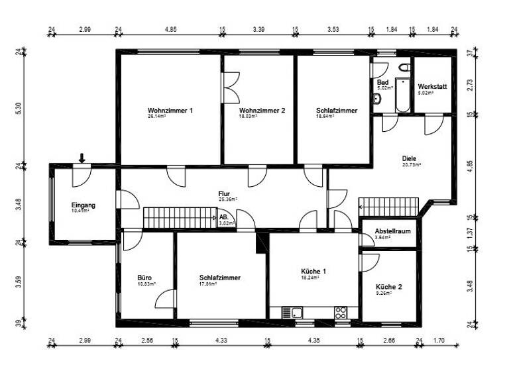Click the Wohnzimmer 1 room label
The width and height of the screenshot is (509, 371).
click(170, 110)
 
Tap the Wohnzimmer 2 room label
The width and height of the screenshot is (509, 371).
click(262, 110)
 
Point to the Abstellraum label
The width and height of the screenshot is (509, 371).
click(388, 231)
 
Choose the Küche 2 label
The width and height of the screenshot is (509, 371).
click(388, 288)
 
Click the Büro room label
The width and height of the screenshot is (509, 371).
click(145, 278)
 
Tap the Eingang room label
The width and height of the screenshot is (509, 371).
click(84, 205)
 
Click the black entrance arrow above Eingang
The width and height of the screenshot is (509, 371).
click(82, 158)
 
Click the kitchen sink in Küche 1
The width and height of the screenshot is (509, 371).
click(292, 312)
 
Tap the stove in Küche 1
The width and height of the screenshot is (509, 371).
click(341, 312)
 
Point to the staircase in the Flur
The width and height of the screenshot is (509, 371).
click(176, 217)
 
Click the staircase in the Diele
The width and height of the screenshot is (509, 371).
click(389, 207)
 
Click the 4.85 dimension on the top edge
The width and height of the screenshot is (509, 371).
click(170, 30)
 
